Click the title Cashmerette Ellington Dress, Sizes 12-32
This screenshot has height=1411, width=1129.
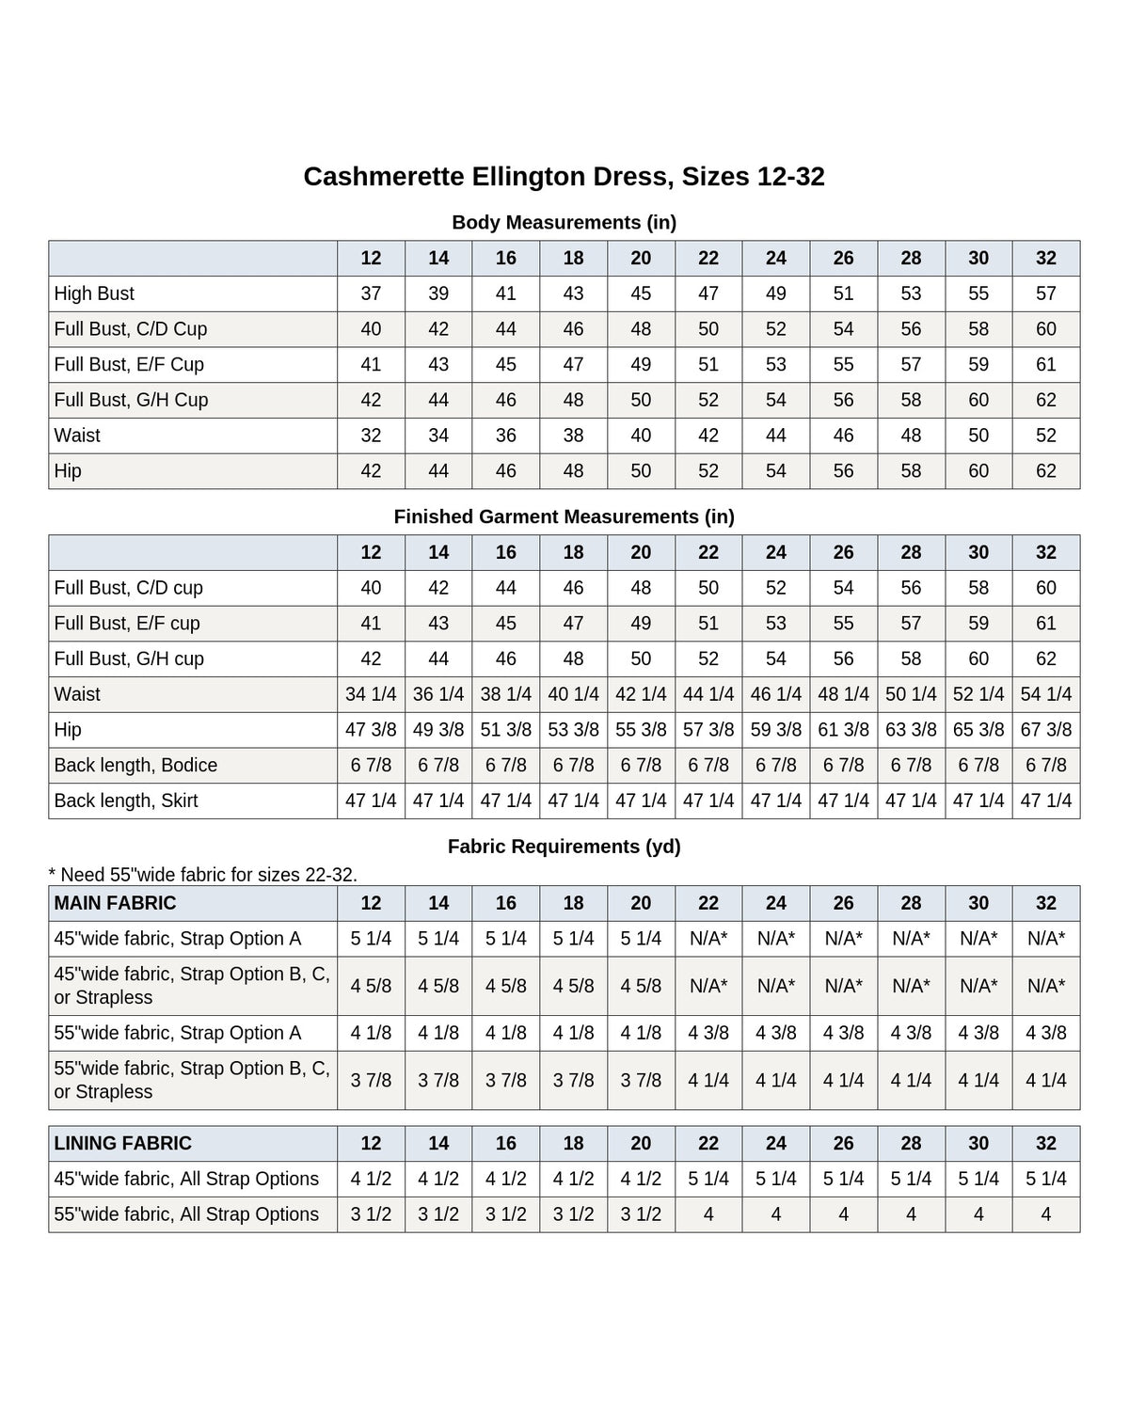pos(564,177)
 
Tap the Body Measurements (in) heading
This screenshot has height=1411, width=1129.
pos(564,222)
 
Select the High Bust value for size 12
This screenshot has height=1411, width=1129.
pos(371,293)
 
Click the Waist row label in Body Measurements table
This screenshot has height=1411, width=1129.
pos(77,435)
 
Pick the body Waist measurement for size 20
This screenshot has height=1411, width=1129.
pos(641,435)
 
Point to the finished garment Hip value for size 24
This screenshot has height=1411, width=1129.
pos(775,729)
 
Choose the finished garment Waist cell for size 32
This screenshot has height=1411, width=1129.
pos(1045,693)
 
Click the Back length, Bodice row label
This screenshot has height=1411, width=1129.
pos(135,765)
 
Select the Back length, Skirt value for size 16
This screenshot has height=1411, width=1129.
pos(505,800)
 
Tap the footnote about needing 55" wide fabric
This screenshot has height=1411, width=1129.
pos(202,874)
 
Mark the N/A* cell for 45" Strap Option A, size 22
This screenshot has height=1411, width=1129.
pos(708,938)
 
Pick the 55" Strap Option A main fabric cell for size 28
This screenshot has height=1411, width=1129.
pos(911,1033)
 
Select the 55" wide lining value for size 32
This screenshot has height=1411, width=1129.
pos(1045,1213)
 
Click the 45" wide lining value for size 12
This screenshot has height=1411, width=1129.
pos(371,1179)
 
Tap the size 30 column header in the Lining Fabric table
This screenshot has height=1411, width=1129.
pos(978,1143)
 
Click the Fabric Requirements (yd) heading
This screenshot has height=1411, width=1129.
pos(564,847)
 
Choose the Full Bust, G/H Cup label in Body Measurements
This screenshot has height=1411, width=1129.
pos(131,399)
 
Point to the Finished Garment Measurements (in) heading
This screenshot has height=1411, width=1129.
pos(564,516)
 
